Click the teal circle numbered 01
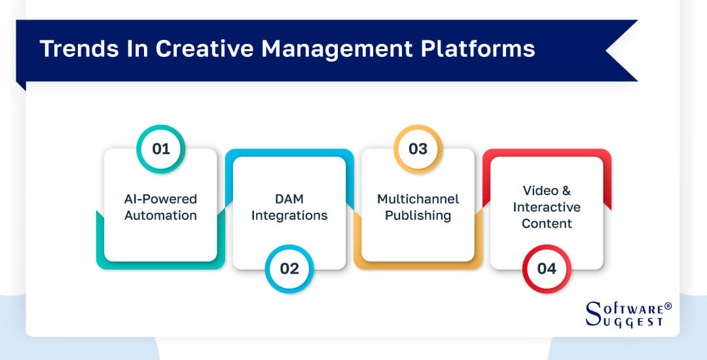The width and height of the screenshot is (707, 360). coord(161,149)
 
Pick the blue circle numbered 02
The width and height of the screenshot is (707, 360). coord(289,268)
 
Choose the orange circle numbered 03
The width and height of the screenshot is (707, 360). coord(418,149)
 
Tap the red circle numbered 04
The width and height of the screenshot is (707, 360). coord(547,268)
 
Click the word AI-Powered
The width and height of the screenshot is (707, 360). coord(160,199)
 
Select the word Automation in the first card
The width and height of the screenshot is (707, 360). coord(160,215)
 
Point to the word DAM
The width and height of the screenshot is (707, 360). coord(289,199)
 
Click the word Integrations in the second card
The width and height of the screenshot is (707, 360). coord(289,215)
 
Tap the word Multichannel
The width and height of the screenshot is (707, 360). coord(418,199)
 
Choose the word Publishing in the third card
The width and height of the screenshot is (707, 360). coord(418,215)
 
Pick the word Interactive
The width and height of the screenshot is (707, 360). coord(547,207)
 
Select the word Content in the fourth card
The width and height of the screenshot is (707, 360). coord(547,223)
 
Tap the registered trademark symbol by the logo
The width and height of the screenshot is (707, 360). coord(668,306)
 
